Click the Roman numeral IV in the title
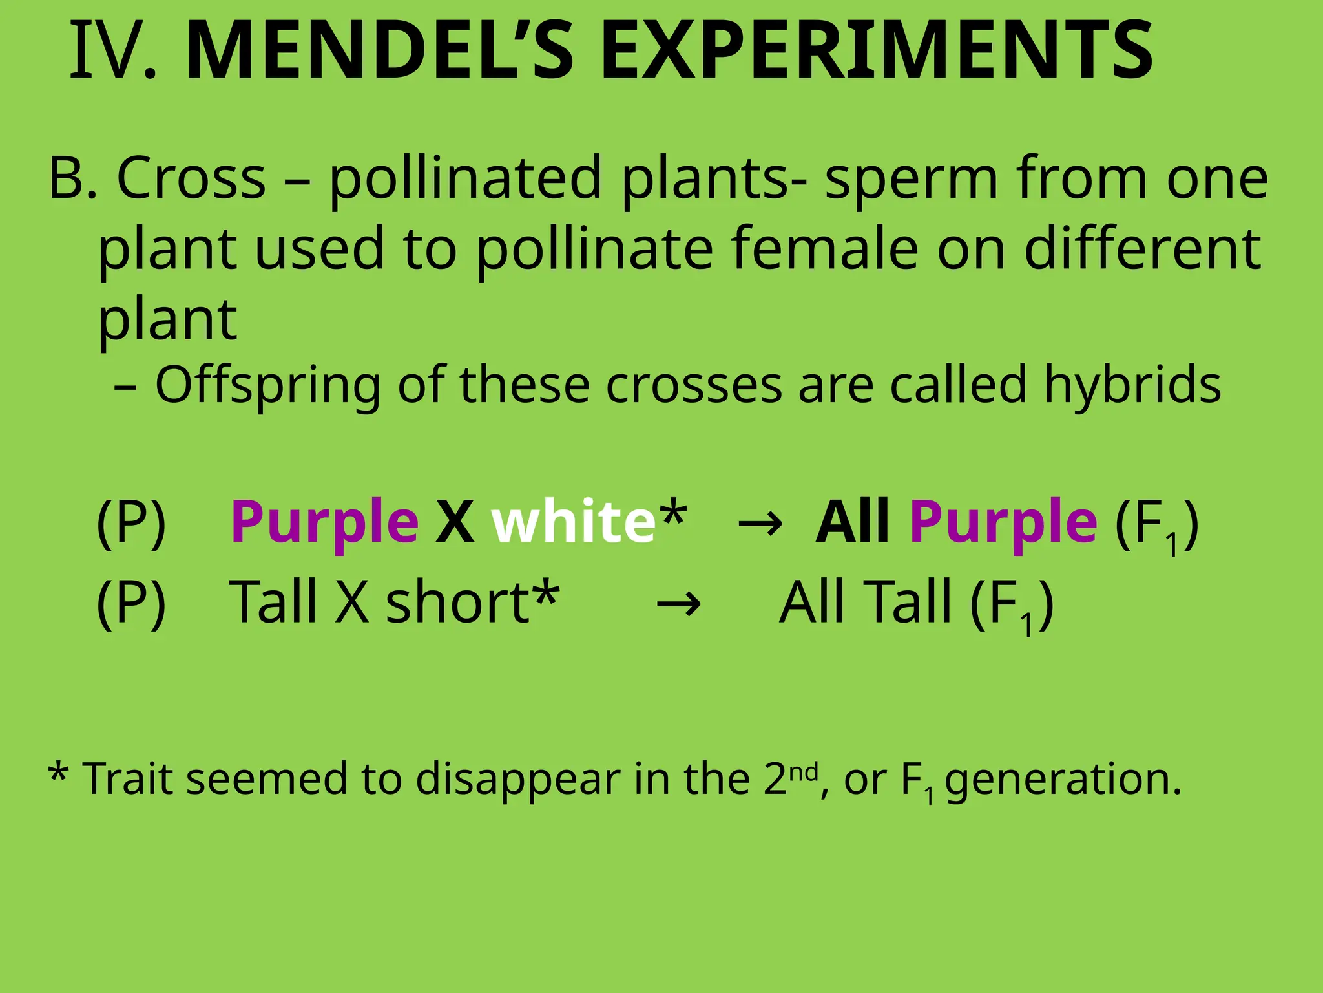click(113, 52)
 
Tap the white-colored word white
click(574, 522)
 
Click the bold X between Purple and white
click(454, 522)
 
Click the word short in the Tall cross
click(457, 603)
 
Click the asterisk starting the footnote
click(57, 773)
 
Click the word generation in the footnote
click(1063, 780)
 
